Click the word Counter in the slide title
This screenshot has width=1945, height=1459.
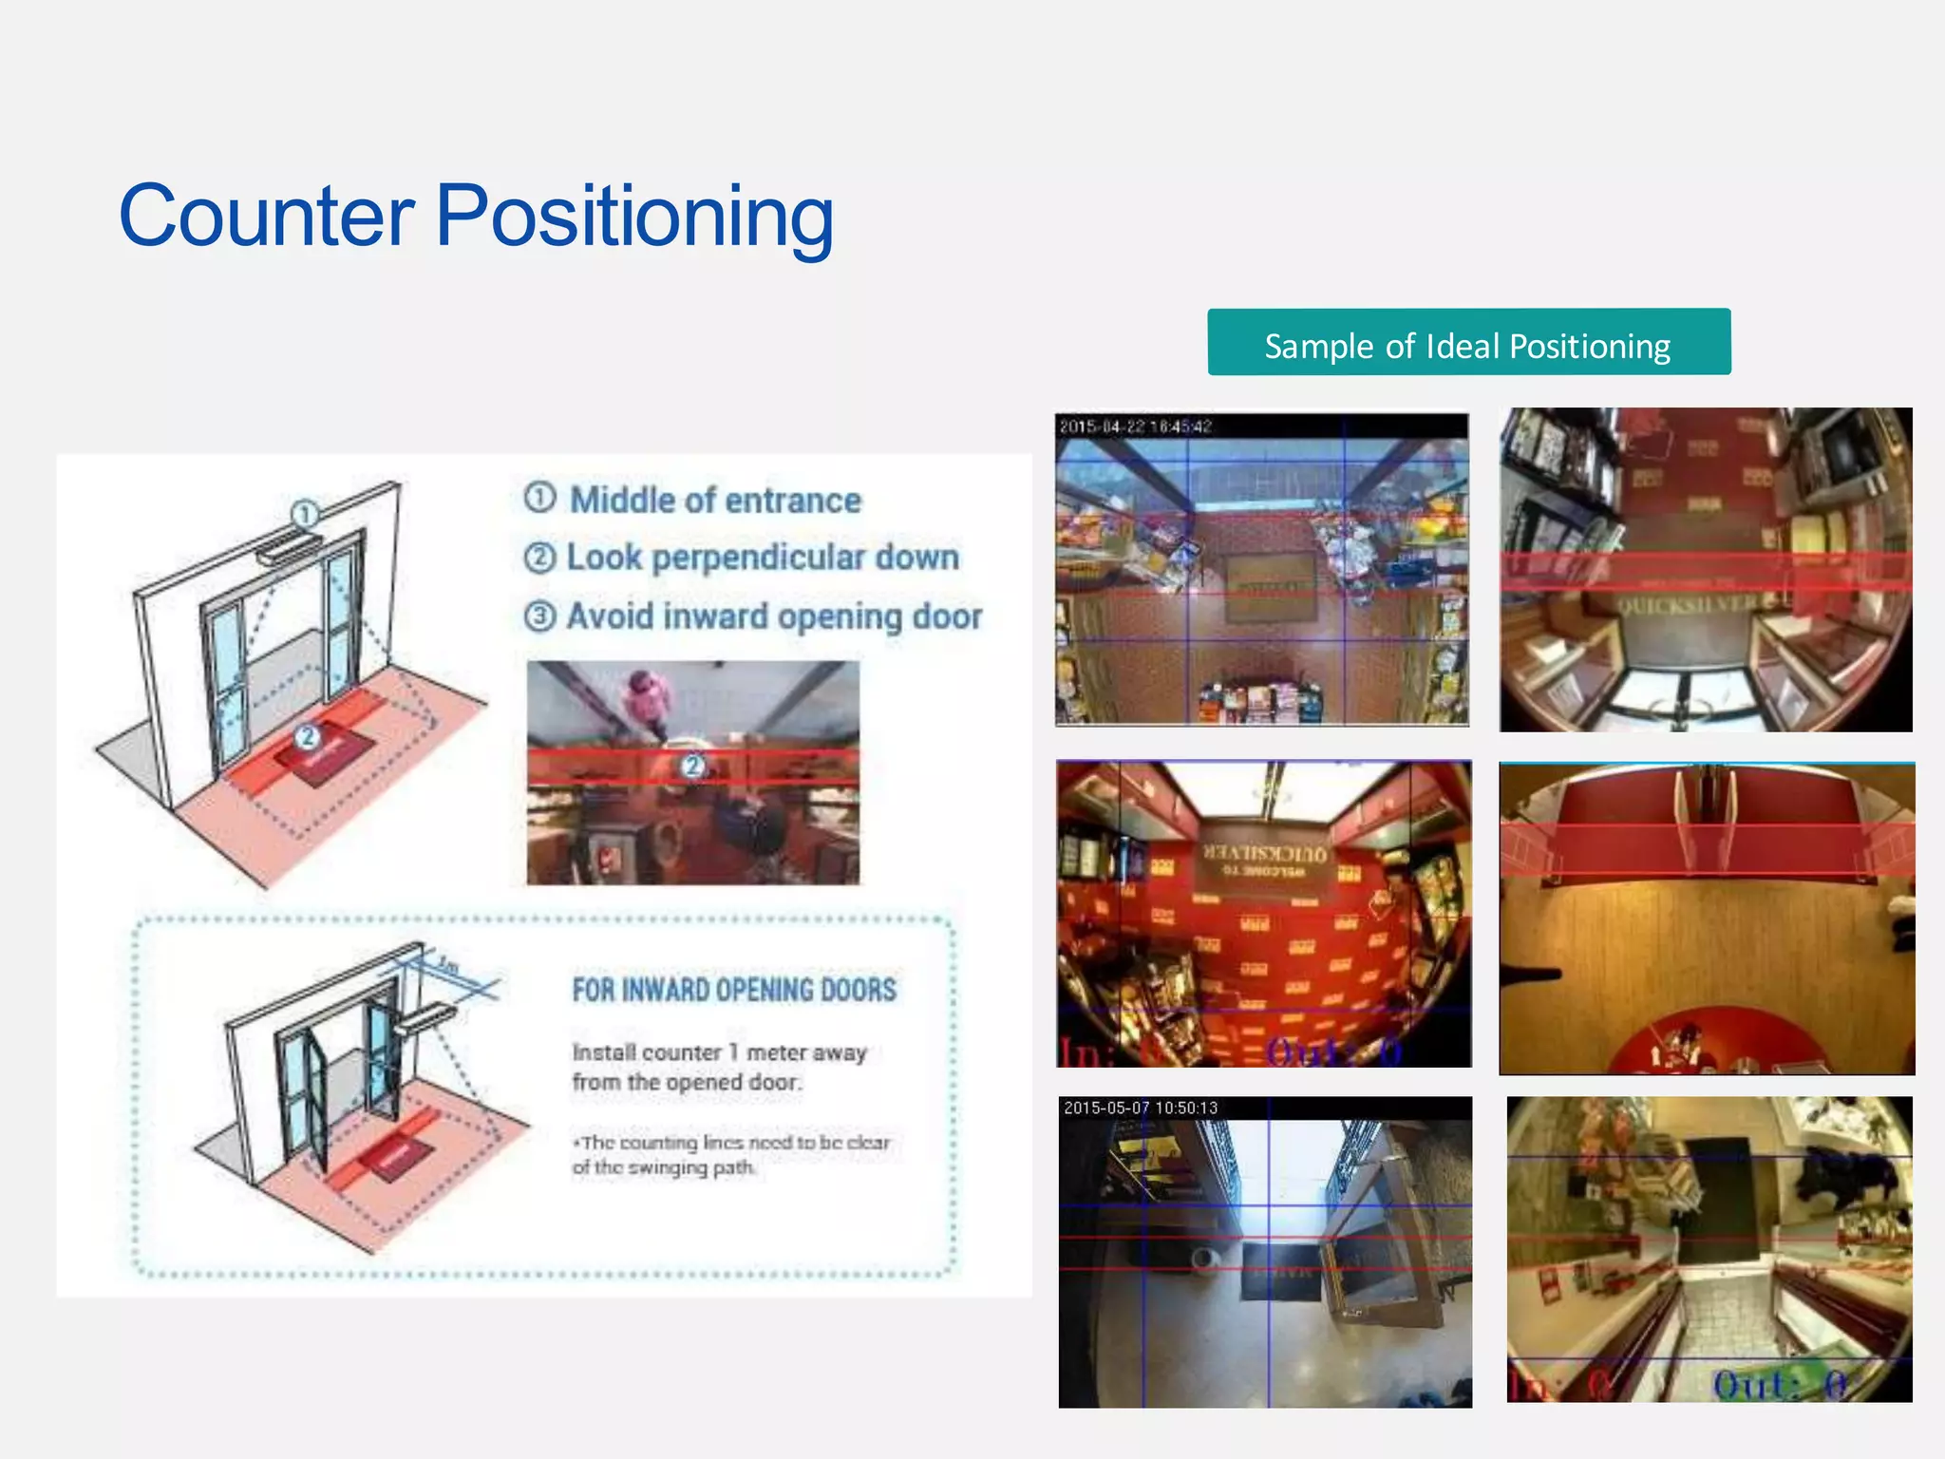point(267,216)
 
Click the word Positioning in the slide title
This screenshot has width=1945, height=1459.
point(634,218)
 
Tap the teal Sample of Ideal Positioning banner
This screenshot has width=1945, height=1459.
point(1468,343)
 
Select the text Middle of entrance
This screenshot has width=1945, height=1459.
point(714,500)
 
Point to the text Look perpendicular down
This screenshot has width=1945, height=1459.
point(762,558)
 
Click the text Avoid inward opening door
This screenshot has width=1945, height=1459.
point(773,616)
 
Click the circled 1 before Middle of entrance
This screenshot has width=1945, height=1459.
point(539,498)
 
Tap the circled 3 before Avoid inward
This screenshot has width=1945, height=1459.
point(539,616)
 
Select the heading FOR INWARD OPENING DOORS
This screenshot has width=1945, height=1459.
point(734,990)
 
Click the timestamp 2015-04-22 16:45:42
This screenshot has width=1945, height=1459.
point(1136,426)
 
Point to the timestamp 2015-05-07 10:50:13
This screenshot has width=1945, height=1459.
point(1141,1108)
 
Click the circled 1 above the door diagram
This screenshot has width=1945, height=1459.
point(305,514)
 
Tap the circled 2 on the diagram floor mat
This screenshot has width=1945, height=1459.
point(306,736)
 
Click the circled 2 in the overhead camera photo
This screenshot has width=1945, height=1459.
point(693,766)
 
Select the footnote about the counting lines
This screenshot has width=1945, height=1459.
point(731,1155)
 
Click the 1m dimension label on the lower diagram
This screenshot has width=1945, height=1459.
point(447,966)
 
